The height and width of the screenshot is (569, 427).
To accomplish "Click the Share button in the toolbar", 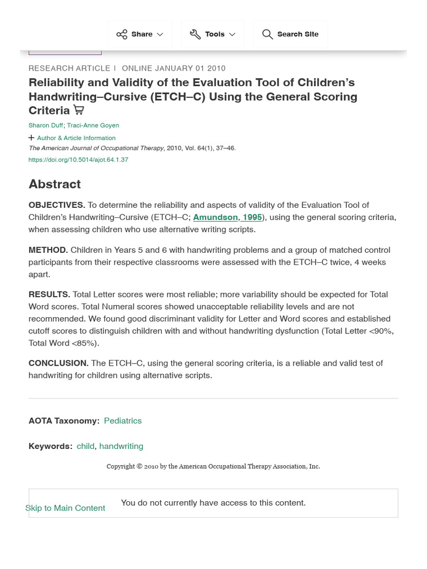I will click(x=140, y=34).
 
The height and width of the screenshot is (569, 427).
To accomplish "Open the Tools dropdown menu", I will click(x=212, y=34).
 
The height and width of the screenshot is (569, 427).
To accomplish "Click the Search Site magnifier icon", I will click(x=267, y=34).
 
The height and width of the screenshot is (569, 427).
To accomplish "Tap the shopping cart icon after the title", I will click(x=79, y=110).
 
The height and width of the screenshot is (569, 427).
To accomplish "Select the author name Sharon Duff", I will click(x=46, y=126).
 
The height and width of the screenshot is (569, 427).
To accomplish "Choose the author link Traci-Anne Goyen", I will click(x=93, y=126).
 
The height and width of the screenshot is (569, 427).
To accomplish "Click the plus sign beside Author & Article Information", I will click(x=31, y=138).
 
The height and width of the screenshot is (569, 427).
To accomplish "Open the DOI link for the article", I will click(x=78, y=159).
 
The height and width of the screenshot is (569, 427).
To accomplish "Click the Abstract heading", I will click(x=54, y=184).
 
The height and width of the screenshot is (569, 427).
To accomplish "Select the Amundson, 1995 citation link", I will click(x=227, y=217).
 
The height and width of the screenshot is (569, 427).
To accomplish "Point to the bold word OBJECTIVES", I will click(x=57, y=205).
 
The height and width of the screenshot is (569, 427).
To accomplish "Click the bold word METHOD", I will click(x=48, y=250).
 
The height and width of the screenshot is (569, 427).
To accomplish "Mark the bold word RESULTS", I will click(x=49, y=295).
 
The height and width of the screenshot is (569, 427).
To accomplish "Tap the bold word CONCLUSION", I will click(x=58, y=363).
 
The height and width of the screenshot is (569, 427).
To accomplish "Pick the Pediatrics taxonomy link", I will click(x=123, y=421).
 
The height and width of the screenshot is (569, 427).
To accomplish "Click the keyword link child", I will click(x=86, y=446).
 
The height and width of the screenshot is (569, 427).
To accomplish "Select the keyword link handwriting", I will click(x=121, y=446).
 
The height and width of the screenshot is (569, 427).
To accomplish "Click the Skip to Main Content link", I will click(x=65, y=508).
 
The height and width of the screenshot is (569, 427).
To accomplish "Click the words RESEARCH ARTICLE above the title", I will click(x=69, y=68).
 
